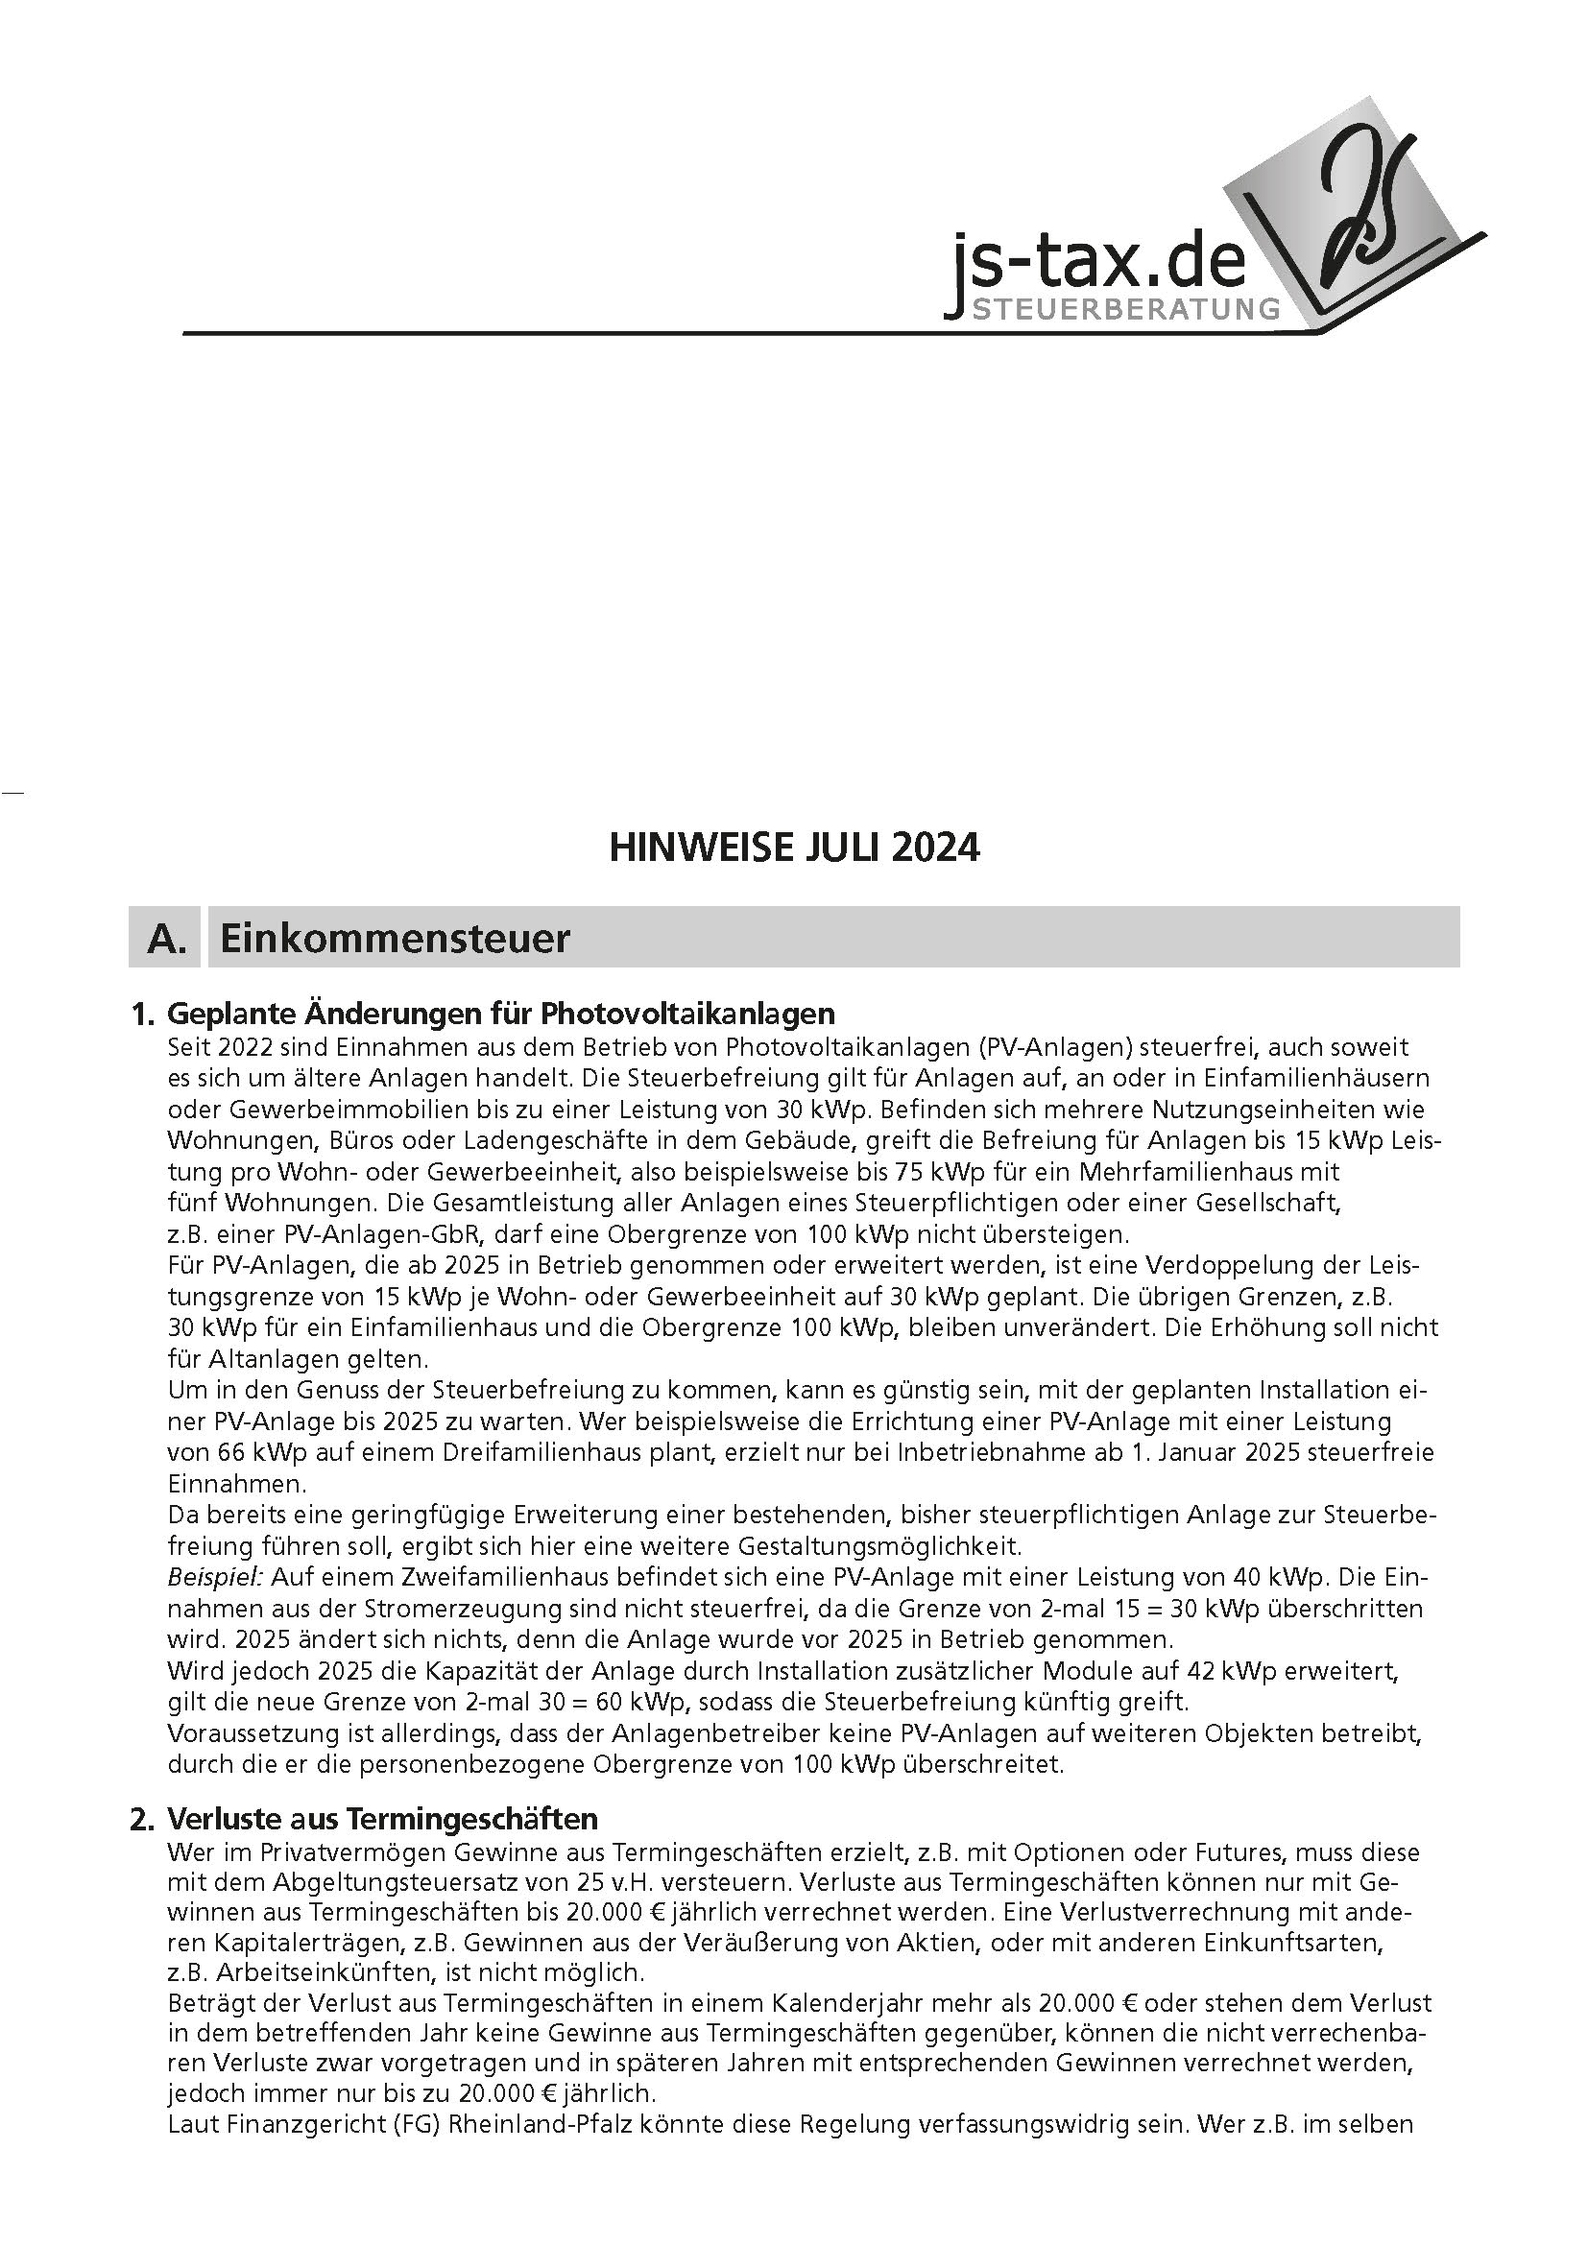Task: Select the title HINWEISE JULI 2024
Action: tap(793, 848)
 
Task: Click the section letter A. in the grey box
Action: tap(166, 939)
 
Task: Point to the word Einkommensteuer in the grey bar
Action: tap(394, 939)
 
